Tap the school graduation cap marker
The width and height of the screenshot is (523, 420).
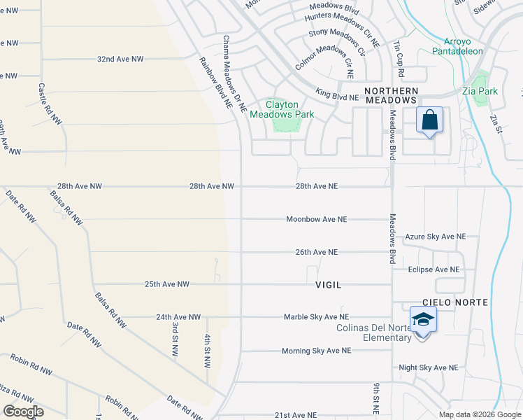point(422,320)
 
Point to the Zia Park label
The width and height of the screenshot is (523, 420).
point(480,91)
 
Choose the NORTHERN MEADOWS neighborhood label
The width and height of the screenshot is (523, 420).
point(391,96)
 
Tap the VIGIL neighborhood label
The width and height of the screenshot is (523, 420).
point(328,285)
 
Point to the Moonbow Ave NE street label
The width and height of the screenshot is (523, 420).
point(316,219)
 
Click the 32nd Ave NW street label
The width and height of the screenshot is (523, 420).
point(120,59)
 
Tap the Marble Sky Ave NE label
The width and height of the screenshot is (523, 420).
point(316,317)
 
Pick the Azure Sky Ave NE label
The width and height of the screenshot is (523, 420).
point(435,237)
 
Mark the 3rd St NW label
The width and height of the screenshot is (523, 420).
point(174,338)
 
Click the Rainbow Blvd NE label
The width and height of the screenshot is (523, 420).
point(215,81)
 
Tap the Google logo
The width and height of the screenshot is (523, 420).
point(22,411)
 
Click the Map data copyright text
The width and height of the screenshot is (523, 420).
point(480,414)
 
